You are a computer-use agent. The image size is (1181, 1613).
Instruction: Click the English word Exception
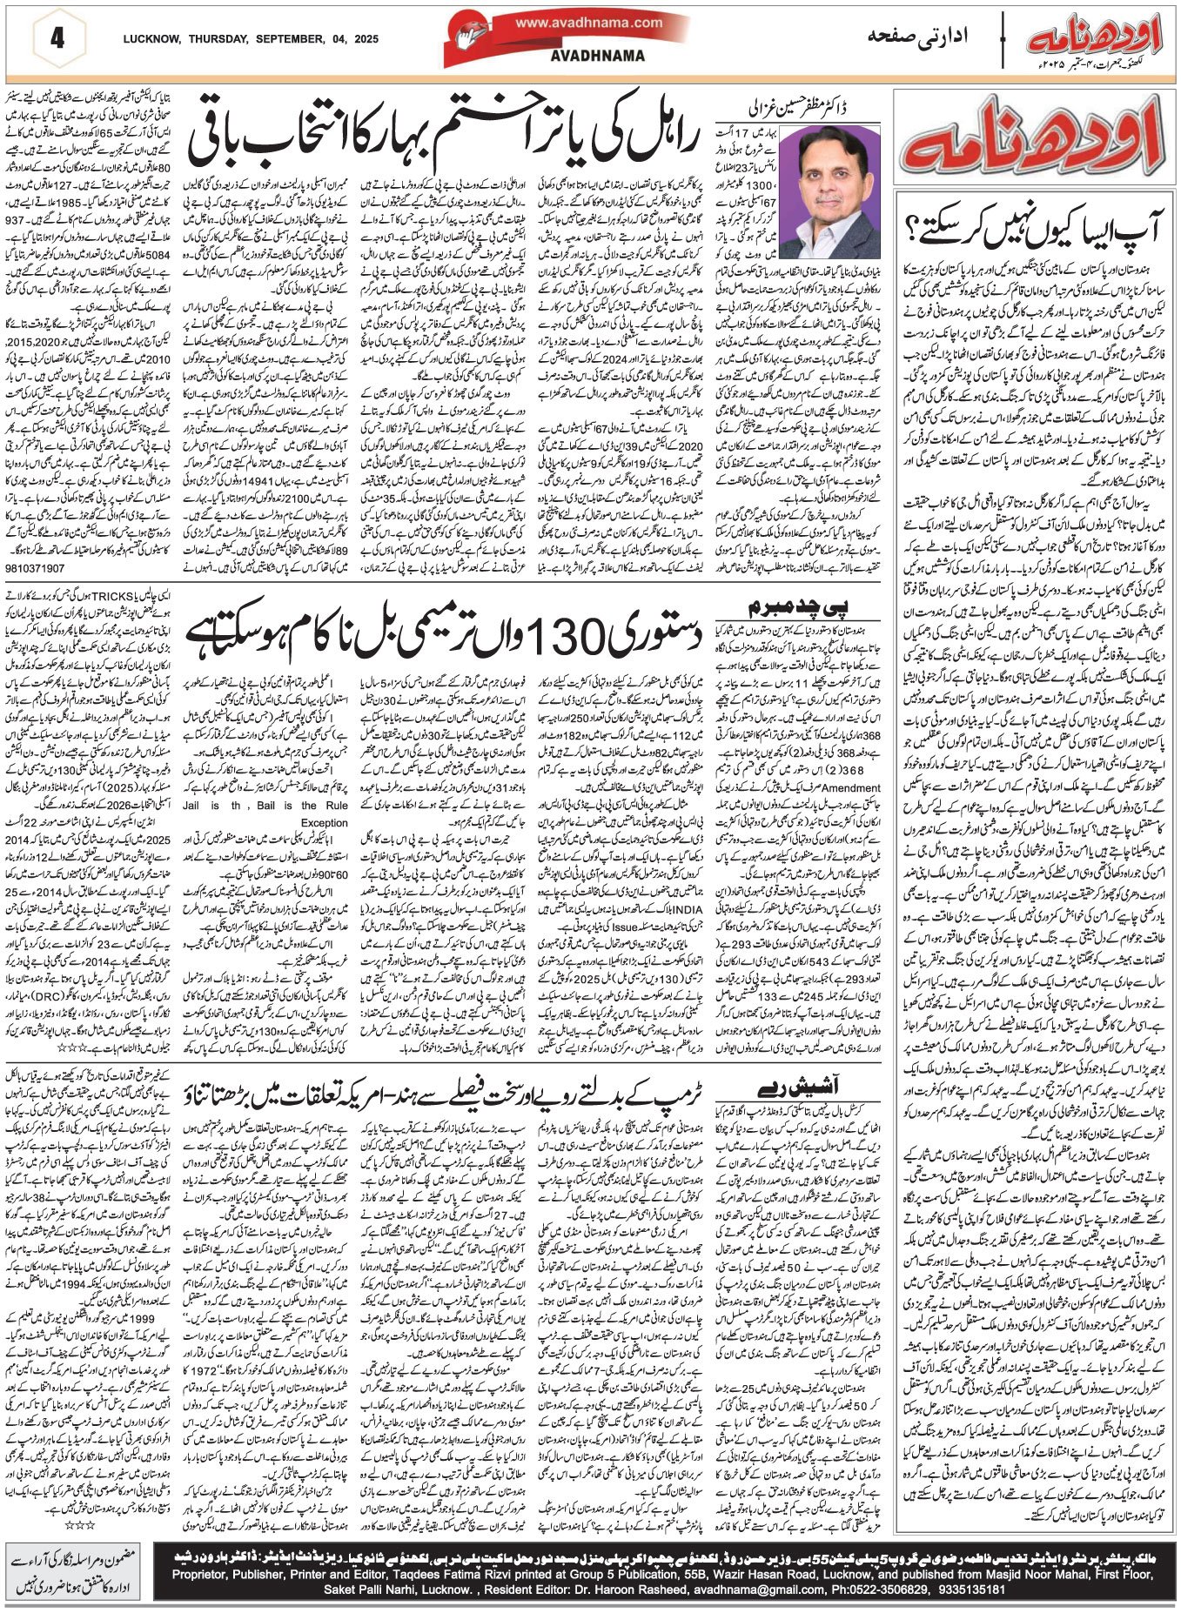click(324, 821)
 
